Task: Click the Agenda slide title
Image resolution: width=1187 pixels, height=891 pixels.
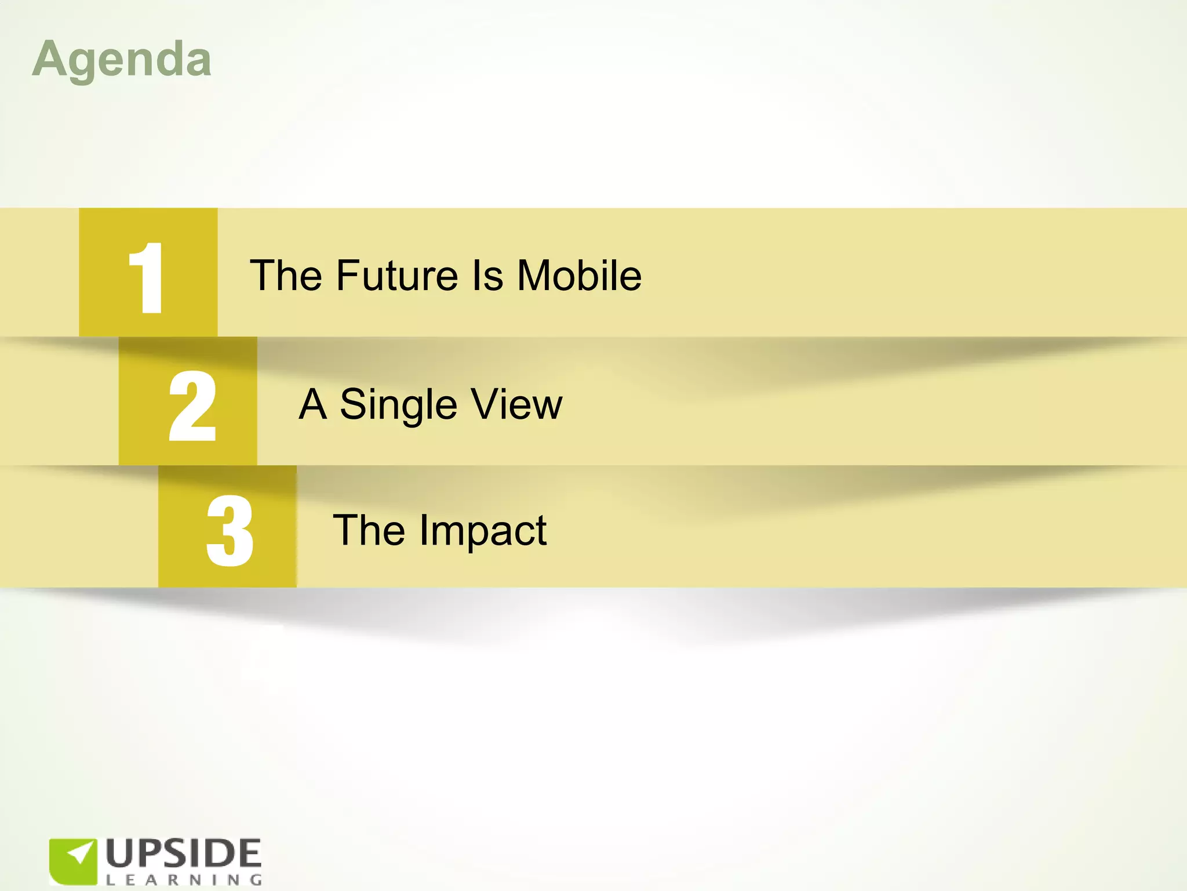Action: click(x=122, y=60)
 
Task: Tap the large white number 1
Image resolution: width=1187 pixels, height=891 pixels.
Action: click(x=147, y=278)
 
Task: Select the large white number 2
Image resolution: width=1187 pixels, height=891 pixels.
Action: click(x=192, y=406)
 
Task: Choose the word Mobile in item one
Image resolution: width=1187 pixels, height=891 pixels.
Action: click(x=579, y=276)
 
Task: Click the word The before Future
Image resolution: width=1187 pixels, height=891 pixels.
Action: click(x=286, y=276)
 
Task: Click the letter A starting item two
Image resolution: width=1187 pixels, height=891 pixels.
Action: click(x=313, y=404)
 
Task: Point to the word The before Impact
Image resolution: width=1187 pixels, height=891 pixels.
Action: click(x=369, y=531)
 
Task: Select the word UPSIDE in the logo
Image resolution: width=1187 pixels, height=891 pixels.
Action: click(x=183, y=854)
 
